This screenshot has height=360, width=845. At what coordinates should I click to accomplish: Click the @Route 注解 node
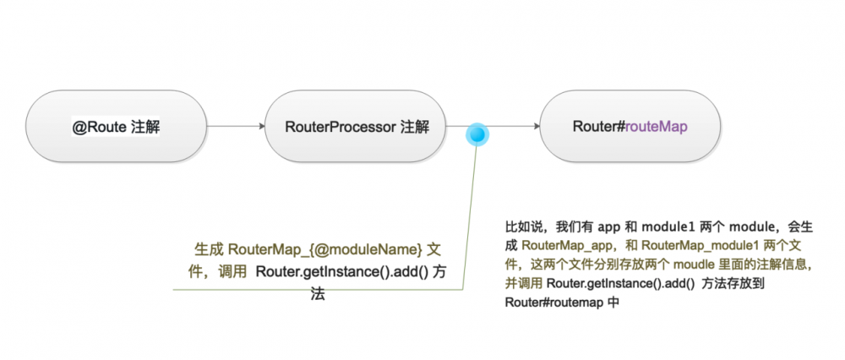[x=116, y=128]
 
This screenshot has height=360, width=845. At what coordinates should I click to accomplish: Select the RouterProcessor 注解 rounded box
[x=356, y=128]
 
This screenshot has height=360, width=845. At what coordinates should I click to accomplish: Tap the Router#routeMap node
[x=630, y=128]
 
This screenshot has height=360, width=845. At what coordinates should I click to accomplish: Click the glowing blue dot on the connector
[x=478, y=134]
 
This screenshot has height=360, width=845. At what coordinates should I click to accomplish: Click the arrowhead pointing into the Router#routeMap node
[x=535, y=128]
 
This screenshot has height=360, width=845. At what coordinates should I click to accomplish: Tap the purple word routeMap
[x=657, y=128]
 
